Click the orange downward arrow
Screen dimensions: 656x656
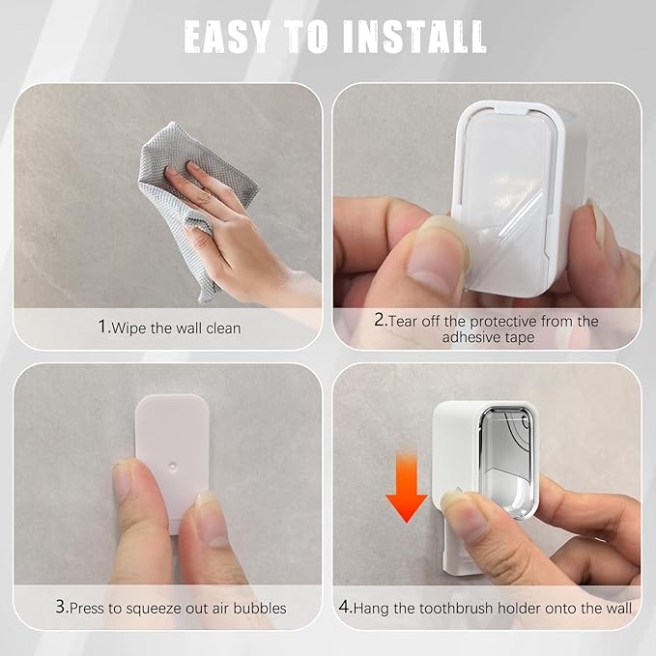[406, 488]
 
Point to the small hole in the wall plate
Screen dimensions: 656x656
[172, 465]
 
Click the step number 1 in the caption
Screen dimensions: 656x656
[103, 327]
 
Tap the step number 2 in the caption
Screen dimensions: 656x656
[380, 320]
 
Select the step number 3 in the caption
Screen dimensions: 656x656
[60, 606]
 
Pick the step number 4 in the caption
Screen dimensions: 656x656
[344, 606]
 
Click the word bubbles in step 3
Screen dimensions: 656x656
[260, 608]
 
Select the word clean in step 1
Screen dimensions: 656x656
[223, 328]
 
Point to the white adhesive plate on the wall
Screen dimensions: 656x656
[172, 460]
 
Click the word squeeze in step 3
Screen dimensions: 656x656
[154, 609]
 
